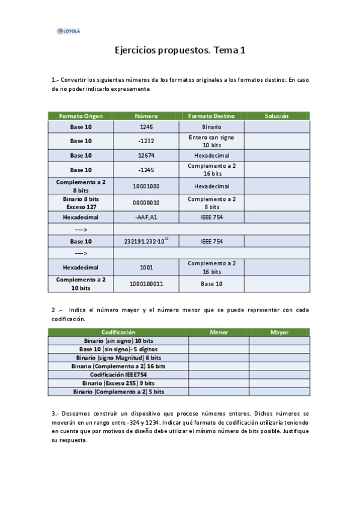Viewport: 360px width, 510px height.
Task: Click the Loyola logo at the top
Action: point(68,31)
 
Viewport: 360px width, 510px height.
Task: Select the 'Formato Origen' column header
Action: point(81,115)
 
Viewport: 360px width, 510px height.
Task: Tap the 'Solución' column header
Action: point(276,115)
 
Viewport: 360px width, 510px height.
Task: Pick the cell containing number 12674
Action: point(147,155)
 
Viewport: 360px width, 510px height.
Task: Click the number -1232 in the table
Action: point(147,141)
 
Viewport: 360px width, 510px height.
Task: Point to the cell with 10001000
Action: point(147,186)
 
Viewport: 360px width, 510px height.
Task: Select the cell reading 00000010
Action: point(147,203)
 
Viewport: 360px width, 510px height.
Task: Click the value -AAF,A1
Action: point(147,217)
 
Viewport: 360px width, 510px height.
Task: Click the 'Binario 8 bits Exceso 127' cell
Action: point(81,203)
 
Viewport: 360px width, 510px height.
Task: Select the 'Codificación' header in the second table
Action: point(118,332)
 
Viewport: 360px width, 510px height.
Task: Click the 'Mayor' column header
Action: point(279,332)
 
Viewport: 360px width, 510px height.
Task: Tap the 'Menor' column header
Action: point(219,332)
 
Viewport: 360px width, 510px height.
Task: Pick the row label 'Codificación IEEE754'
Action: point(118,374)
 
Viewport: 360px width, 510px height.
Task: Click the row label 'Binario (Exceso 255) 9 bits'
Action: point(118,382)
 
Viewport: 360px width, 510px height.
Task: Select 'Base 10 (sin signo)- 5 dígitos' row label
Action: point(118,349)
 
